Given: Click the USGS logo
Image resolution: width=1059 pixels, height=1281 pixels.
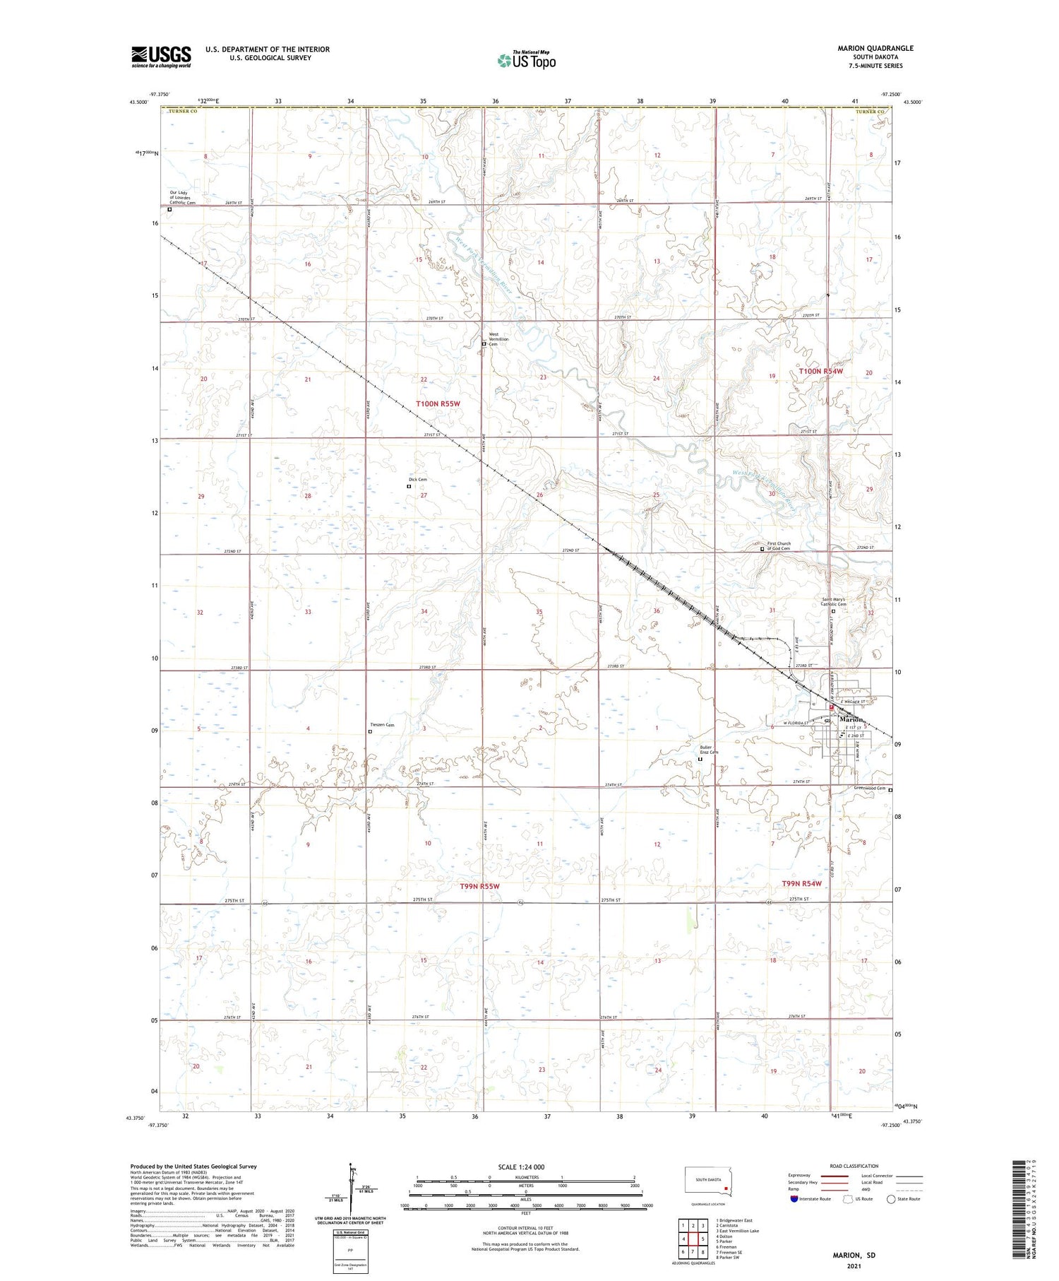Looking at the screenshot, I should [161, 57].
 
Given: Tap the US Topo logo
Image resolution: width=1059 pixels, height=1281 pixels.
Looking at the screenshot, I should [527, 61].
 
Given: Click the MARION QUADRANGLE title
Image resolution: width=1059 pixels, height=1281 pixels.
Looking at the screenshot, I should [875, 48].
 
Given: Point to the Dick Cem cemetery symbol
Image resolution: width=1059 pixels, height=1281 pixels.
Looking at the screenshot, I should [409, 486].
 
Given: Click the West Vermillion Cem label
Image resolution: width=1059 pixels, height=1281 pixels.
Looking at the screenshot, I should [498, 339].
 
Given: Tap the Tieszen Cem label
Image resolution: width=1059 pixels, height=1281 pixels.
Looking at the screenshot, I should [382, 725].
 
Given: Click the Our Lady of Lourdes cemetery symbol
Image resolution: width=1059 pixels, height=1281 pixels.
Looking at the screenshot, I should [169, 209].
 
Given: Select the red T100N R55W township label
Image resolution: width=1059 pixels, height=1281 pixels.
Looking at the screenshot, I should [438, 403].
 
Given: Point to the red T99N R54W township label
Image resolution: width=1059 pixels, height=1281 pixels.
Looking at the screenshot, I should [801, 884].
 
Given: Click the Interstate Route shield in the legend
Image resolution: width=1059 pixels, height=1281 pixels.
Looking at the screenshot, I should [794, 1199].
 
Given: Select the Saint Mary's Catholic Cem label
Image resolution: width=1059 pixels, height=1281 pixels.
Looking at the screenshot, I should [834, 602].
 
